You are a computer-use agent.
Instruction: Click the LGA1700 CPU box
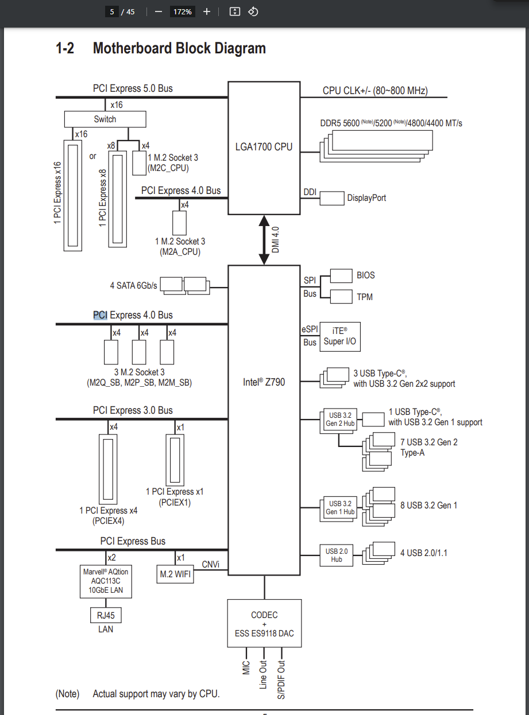tap(264, 147)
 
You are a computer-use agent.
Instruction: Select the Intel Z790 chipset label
tap(264, 382)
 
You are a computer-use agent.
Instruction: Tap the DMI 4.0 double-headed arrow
tap(264, 240)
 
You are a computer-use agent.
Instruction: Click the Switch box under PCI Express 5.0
tap(105, 119)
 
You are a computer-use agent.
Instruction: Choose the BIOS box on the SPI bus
tap(341, 275)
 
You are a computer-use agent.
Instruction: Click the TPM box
tap(341, 297)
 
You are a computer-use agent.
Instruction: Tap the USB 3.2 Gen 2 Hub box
tap(339, 419)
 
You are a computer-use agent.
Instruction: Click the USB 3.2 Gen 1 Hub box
tap(340, 508)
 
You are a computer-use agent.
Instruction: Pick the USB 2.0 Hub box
tap(337, 555)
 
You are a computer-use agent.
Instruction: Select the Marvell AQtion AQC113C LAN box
tap(106, 581)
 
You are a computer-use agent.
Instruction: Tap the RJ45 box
tap(106, 616)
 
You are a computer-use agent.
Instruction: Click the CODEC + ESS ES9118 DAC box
tap(264, 624)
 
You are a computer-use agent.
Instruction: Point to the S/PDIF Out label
tap(281, 679)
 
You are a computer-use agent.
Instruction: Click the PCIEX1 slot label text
tap(175, 503)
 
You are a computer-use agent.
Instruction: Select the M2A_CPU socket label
tap(180, 252)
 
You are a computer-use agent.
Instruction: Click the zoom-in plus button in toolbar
tap(207, 11)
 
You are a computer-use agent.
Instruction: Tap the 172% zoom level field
tap(183, 11)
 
